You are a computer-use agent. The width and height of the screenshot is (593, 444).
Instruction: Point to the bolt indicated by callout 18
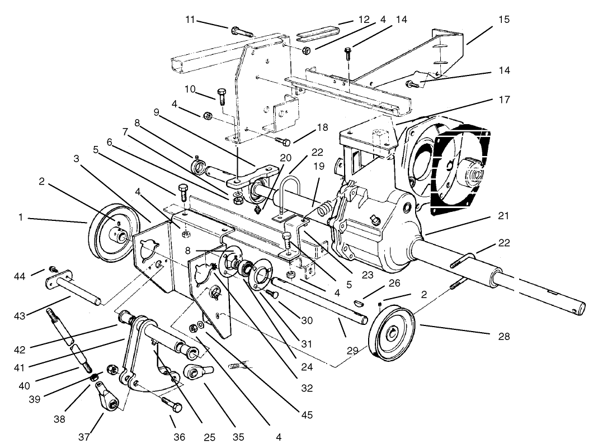pos(283,140)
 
